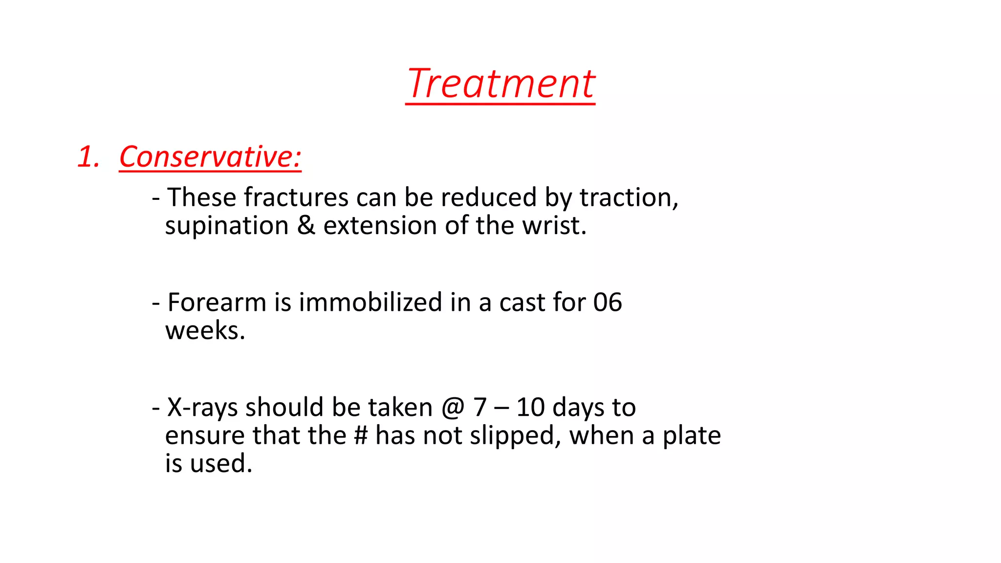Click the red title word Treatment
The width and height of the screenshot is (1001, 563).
point(500,84)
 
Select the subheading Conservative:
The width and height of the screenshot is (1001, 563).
point(210,157)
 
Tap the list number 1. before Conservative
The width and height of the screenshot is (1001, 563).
point(88,157)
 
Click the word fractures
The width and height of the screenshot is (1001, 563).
point(296,197)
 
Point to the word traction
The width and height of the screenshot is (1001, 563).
point(629,197)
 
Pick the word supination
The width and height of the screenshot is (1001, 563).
point(227,226)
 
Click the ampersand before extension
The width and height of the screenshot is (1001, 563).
point(306,225)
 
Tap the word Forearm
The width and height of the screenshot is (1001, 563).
point(217,302)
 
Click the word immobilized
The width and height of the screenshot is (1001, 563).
point(370,302)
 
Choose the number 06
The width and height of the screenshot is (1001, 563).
point(608,302)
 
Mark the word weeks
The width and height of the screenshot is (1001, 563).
point(205,330)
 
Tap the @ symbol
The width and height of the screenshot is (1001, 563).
point(453,408)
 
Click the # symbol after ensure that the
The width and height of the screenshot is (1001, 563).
point(361,435)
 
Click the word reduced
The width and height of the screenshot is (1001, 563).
point(489,197)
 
